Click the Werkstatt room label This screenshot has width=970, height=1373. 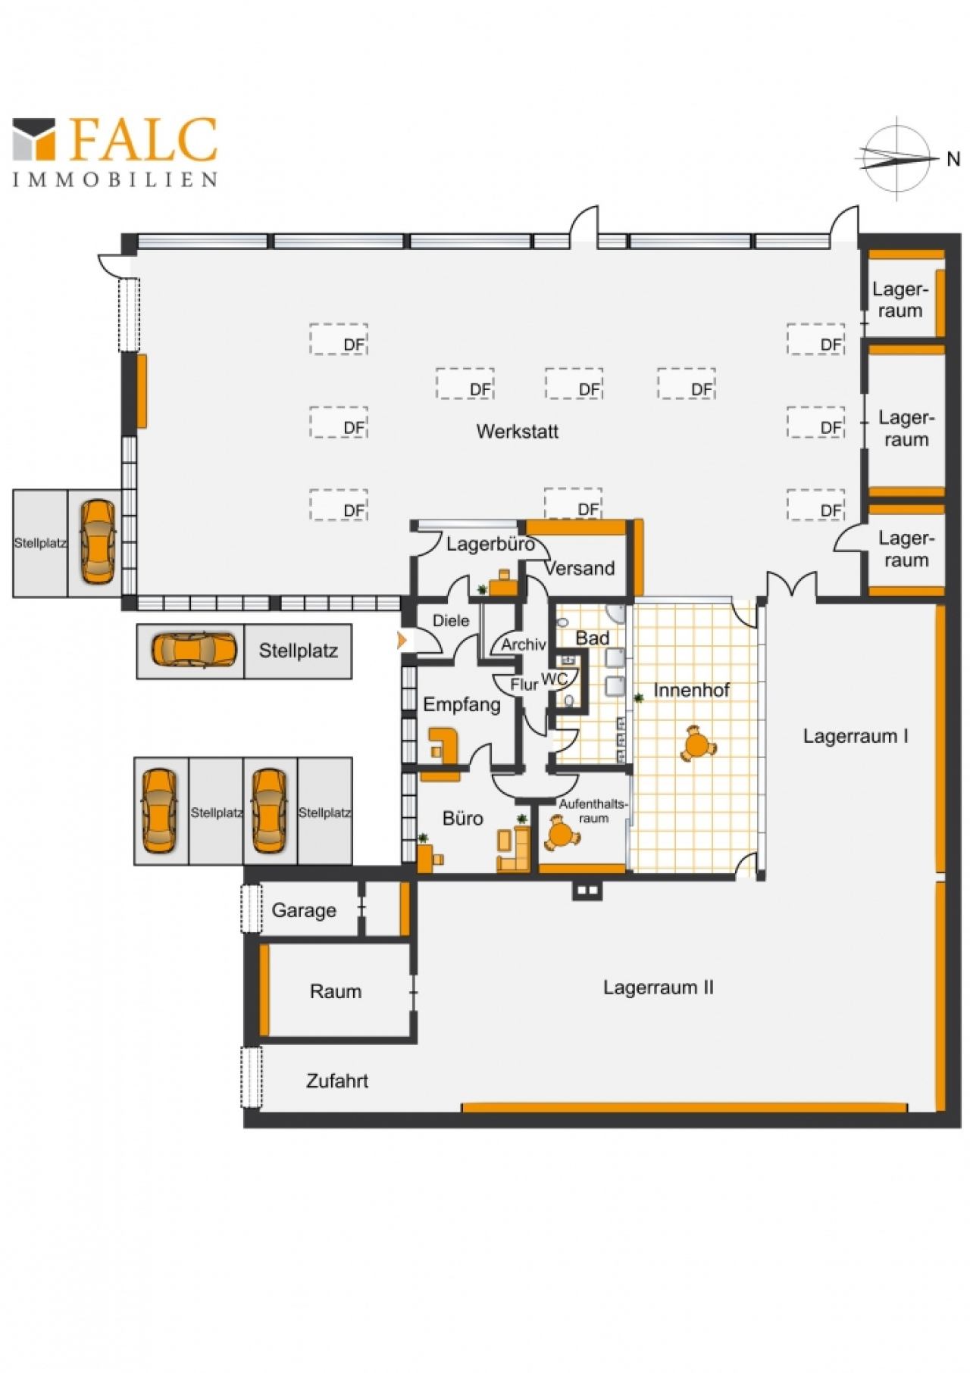point(517,432)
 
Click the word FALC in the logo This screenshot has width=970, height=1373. point(144,140)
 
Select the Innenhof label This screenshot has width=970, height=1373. point(691,690)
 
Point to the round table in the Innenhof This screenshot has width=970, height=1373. point(697,744)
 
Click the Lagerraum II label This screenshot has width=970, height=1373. point(658,988)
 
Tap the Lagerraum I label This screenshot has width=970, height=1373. point(856,736)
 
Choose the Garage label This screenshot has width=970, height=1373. point(304,910)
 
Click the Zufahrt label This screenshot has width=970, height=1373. point(337,1081)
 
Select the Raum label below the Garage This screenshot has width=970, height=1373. point(335,991)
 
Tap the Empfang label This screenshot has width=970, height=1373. point(462,705)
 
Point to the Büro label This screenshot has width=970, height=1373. point(462,819)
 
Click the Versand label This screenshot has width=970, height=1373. point(580,569)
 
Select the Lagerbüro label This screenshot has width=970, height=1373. point(490,544)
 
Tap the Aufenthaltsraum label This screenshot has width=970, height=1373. point(593,811)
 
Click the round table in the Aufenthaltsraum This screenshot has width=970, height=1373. point(562,835)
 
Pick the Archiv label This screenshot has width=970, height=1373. point(524,645)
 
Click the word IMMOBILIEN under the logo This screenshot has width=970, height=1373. point(115,179)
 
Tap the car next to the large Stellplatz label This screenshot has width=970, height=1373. point(194,651)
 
